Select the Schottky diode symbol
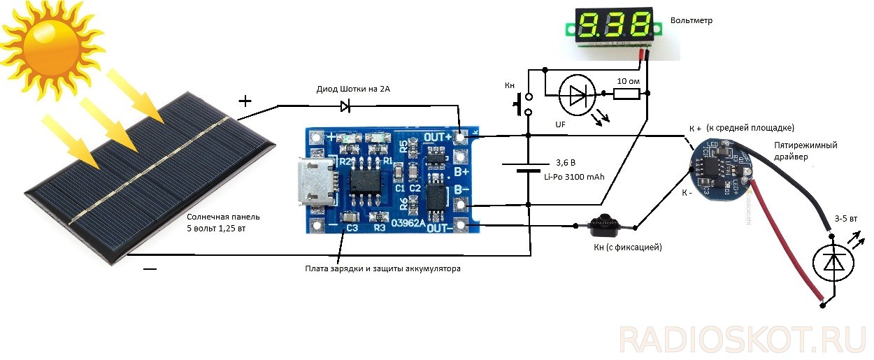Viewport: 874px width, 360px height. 345,106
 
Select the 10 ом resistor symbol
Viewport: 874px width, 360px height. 625,94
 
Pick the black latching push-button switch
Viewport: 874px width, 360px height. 600,225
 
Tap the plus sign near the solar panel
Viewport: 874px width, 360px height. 245,101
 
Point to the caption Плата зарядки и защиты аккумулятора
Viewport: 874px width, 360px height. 383,268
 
